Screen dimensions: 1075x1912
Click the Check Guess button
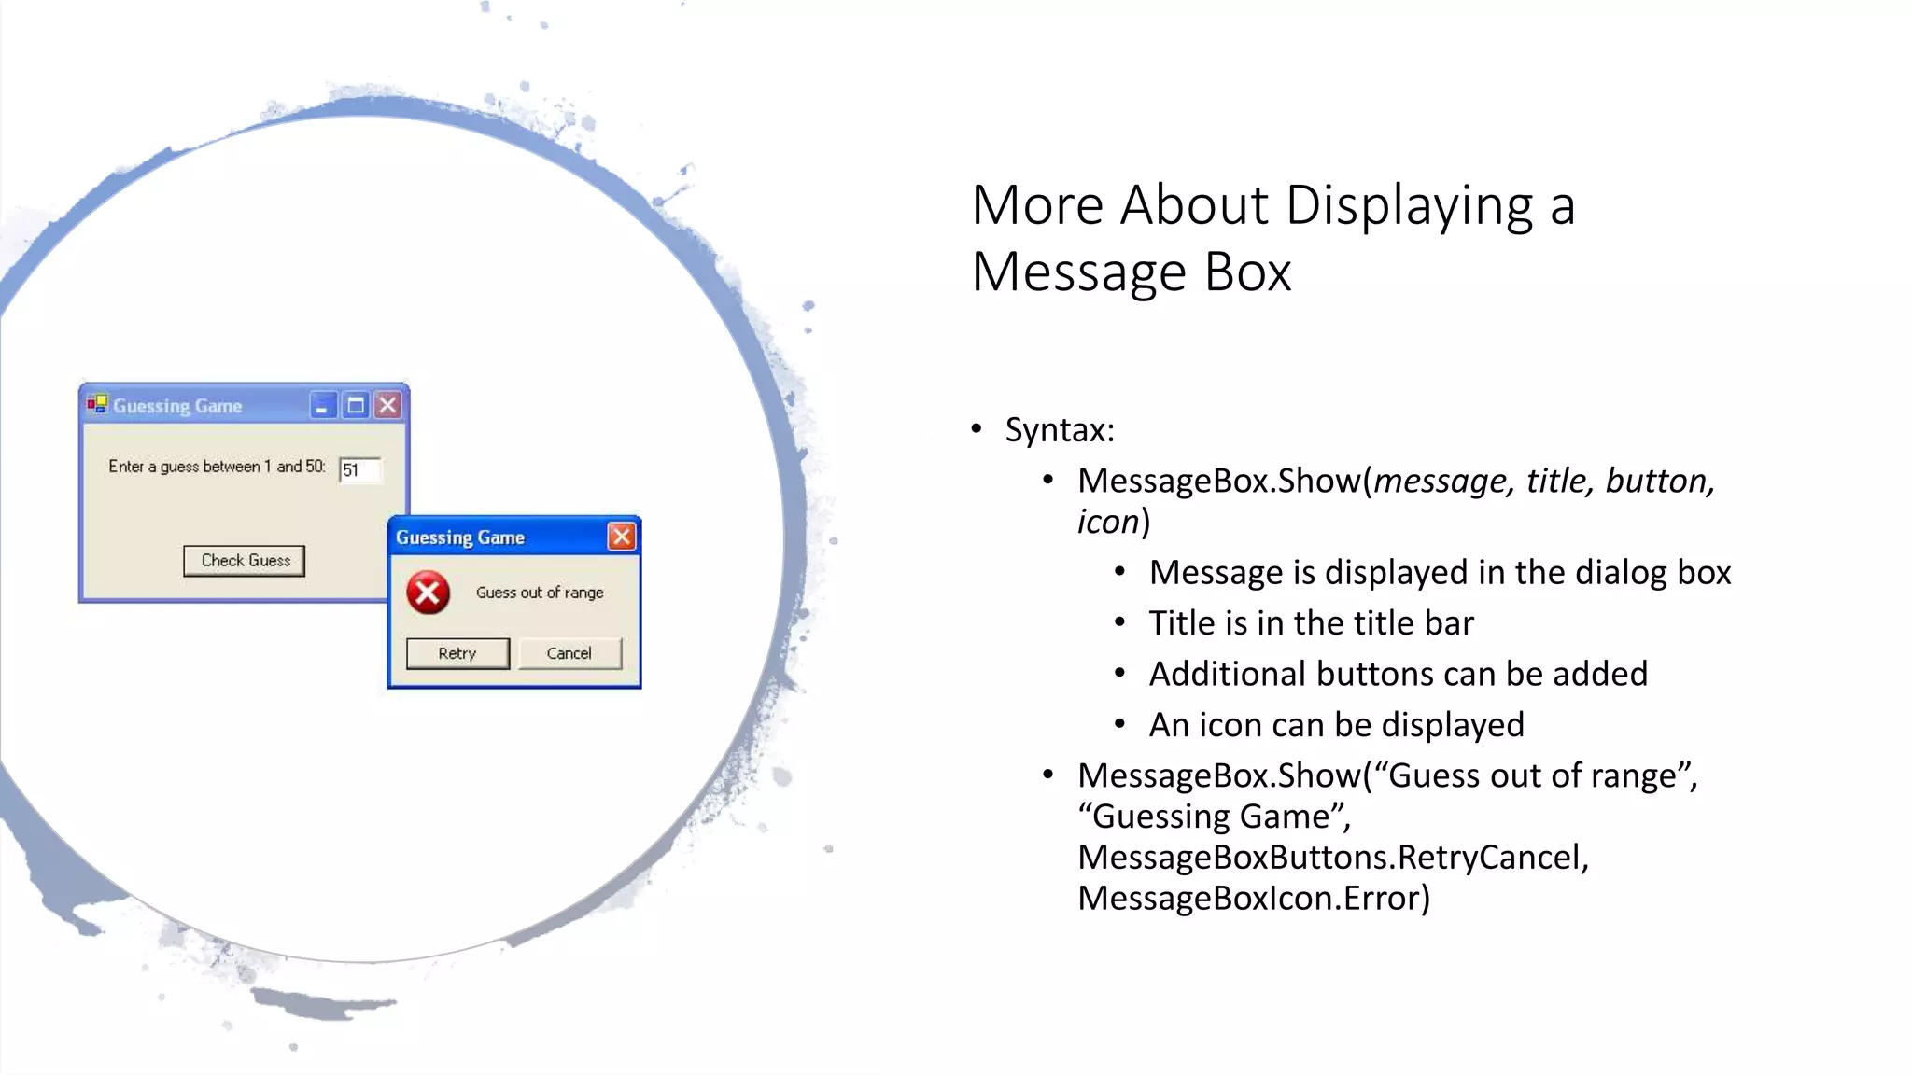pyautogui.click(x=245, y=561)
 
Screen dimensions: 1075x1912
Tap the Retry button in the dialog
pyautogui.click(x=457, y=653)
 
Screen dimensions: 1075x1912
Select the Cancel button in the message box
pyautogui.click(x=569, y=653)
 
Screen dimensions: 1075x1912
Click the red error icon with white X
pyautogui.click(x=429, y=593)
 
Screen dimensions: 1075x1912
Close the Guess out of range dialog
pyautogui.click(x=622, y=537)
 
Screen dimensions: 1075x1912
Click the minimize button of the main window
pyautogui.click(x=322, y=406)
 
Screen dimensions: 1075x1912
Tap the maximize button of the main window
pyautogui.click(x=356, y=406)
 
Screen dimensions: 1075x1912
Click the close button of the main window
pyautogui.click(x=388, y=406)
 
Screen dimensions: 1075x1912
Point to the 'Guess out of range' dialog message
pyautogui.click(x=540, y=593)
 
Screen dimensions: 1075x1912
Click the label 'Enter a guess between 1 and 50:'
pyautogui.click(x=217, y=467)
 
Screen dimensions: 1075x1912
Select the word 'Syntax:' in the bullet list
pyautogui.click(x=1060, y=430)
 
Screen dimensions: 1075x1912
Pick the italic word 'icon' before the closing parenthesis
pyautogui.click(x=1108, y=522)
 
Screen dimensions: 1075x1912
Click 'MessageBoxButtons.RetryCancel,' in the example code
pyautogui.click(x=1333, y=857)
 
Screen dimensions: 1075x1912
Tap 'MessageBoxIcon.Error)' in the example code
pyautogui.click(x=1254, y=898)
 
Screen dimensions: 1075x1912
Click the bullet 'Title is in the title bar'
pyautogui.click(x=1311, y=623)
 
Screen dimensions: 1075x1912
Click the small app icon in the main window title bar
pyautogui.click(x=97, y=404)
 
